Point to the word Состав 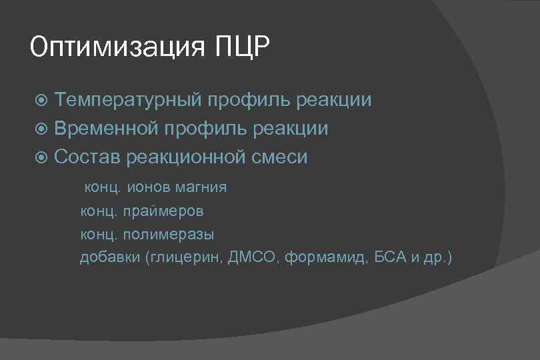[85, 157]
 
